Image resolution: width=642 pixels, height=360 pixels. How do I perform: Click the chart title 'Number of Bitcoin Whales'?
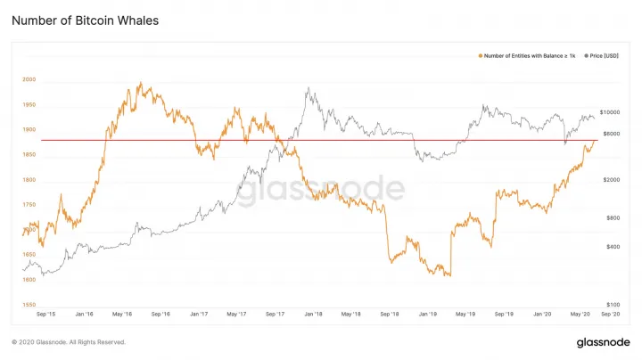tap(86, 20)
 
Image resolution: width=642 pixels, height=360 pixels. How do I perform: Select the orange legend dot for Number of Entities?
tap(481, 55)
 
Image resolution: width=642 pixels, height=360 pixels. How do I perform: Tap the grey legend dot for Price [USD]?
tap(587, 55)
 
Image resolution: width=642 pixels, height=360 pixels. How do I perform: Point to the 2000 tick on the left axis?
tap(29, 79)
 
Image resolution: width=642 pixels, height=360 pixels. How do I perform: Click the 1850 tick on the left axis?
tap(29, 155)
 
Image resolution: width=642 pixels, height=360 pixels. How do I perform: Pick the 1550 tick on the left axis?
tap(29, 305)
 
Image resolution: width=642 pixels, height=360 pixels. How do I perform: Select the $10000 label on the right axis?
tap(610, 112)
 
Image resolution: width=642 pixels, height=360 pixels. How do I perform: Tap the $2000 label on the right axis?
tap(612, 180)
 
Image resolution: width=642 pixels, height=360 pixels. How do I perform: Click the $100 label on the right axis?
tap(613, 305)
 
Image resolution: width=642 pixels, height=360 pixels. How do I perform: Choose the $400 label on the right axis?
tap(613, 247)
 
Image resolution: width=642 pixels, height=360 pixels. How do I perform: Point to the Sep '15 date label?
tap(45, 315)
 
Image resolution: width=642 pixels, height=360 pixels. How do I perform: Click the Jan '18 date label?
tap(313, 315)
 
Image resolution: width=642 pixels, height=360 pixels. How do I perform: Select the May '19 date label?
tap(465, 315)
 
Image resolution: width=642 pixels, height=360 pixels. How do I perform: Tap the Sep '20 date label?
tap(611, 315)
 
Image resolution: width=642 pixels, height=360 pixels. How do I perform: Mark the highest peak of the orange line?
tap(141, 82)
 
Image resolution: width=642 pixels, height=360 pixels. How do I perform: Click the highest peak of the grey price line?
tap(309, 87)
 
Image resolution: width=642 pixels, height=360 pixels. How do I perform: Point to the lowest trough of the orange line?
tap(450, 275)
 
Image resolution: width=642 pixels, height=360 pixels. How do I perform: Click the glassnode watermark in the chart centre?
tap(321, 190)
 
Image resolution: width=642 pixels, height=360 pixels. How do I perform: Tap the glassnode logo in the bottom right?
tap(603, 342)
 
